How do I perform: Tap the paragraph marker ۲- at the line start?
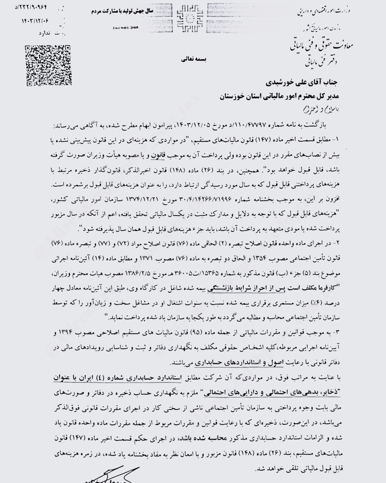click(x=339, y=243)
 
